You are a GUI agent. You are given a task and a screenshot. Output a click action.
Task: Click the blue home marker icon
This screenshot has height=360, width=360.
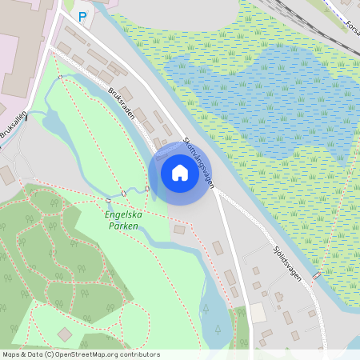pyautogui.click(x=179, y=172)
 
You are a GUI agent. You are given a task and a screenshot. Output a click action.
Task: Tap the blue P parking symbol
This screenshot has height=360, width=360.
pyautogui.click(x=81, y=16)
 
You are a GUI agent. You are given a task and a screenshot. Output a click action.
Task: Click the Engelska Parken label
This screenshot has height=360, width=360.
pyautogui.click(x=122, y=221)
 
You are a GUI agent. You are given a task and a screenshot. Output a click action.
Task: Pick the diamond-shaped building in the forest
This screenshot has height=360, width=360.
pyautogui.click(x=65, y=334)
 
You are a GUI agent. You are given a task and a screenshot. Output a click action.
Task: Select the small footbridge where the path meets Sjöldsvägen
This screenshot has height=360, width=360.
pyautogui.click(x=318, y=276)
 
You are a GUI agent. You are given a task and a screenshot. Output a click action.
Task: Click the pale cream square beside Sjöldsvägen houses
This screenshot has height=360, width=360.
pyautogui.click(x=258, y=312)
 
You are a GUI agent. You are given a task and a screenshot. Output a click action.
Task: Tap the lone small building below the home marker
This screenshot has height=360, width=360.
pyautogui.click(x=178, y=230)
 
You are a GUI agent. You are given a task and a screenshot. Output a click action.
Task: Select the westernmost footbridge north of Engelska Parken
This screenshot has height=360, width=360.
pyautogui.click(x=106, y=199)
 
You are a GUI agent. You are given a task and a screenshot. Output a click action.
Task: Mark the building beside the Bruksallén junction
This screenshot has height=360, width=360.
pyautogui.click(x=6, y=174)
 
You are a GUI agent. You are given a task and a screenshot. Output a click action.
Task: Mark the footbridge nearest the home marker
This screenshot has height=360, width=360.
pyautogui.click(x=148, y=187)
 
